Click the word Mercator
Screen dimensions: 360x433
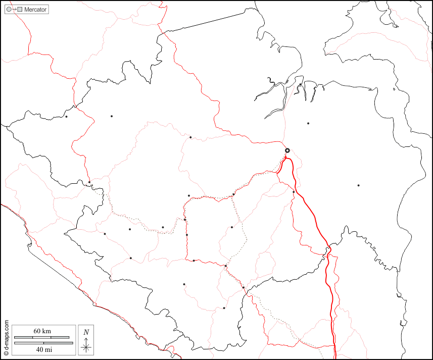point(35,10)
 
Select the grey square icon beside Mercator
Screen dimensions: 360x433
point(20,10)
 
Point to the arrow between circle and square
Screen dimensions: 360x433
point(14,10)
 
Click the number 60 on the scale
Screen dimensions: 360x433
point(37,331)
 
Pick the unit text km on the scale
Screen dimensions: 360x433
point(46,331)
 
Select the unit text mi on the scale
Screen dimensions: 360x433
point(48,349)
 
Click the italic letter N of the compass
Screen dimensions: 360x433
point(86,332)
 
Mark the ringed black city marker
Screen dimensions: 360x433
point(287,150)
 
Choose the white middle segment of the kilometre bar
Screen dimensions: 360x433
point(42,337)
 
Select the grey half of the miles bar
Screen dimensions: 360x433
point(28,343)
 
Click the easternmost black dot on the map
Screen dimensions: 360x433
point(358,185)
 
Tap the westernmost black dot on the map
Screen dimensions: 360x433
point(66,117)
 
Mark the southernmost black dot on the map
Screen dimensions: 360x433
point(224,307)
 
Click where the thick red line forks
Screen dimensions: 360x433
point(286,159)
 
